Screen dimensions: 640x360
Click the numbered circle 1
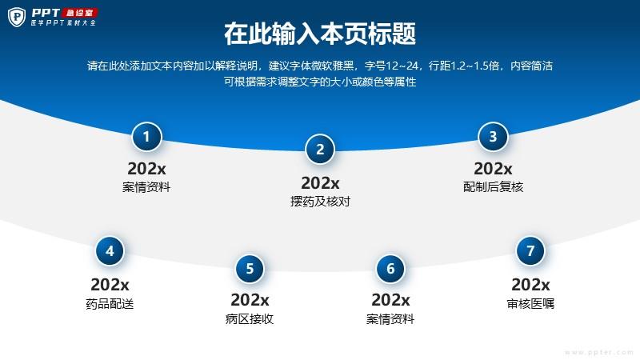tap(146, 137)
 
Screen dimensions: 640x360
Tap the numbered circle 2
tap(320, 150)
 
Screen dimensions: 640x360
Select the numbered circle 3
tap(493, 137)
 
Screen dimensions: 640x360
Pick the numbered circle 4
tap(110, 251)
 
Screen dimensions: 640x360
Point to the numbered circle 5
tap(250, 269)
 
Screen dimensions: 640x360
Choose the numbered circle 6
tap(390, 269)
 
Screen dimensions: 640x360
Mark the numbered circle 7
tap(530, 251)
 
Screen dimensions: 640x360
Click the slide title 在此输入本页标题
tap(320, 34)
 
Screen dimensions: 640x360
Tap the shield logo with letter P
tap(17, 17)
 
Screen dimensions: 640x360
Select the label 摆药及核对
tap(320, 202)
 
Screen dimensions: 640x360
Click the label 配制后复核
tap(493, 187)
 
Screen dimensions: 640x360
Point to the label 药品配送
tap(110, 304)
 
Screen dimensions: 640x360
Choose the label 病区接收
tap(250, 318)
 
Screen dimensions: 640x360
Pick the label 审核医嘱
tap(530, 304)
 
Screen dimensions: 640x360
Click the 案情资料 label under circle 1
tap(146, 187)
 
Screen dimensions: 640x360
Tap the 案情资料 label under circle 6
tap(390, 318)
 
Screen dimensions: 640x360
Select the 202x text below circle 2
tap(320, 183)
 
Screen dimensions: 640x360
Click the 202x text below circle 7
tap(530, 285)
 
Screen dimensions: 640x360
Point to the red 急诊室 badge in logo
tap(80, 13)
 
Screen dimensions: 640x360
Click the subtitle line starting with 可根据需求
tap(320, 82)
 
